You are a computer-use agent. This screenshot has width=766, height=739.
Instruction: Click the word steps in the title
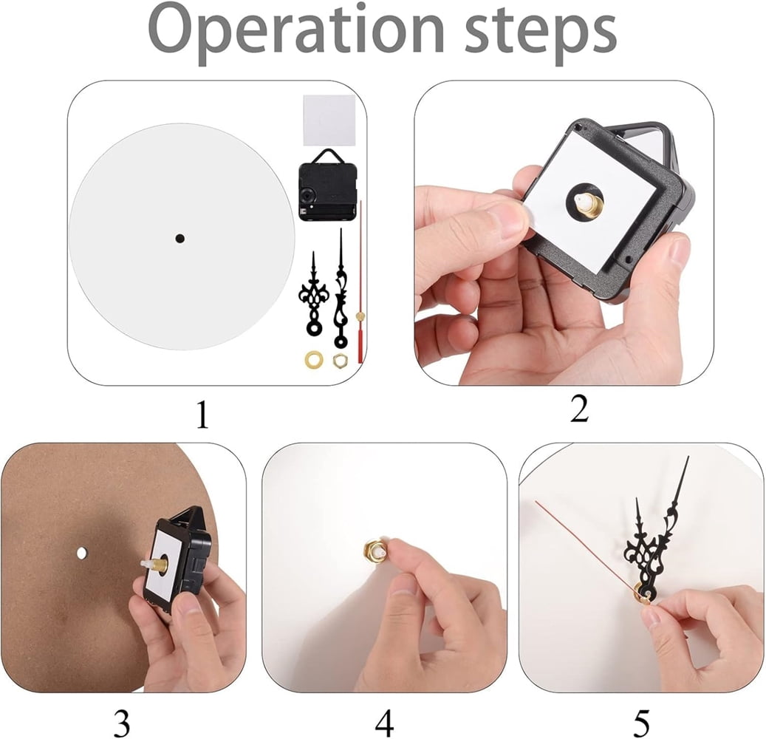(541, 34)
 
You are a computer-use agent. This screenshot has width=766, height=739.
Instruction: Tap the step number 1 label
(202, 415)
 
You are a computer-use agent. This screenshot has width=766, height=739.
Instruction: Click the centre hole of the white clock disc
(179, 238)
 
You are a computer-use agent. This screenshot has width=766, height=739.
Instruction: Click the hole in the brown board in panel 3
(81, 553)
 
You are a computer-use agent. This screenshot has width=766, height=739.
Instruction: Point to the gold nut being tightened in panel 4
(372, 551)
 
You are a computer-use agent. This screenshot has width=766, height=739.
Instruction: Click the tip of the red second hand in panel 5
(536, 502)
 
